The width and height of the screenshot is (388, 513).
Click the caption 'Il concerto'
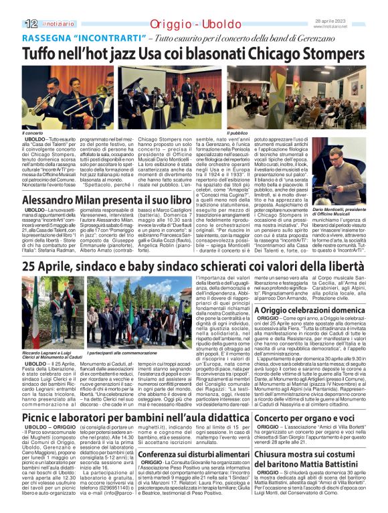tap(33, 133)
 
